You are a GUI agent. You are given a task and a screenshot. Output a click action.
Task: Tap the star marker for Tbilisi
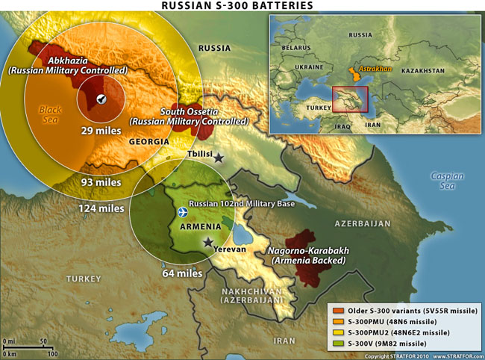point(219,158)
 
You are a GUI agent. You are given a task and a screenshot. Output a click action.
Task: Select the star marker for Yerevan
point(208,242)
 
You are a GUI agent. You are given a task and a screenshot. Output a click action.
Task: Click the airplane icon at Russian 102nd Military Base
point(184,213)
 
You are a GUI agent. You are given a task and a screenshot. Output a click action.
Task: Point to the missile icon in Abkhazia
point(101,99)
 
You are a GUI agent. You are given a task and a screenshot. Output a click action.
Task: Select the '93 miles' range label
point(101,182)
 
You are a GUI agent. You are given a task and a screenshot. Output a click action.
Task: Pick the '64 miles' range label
point(182,274)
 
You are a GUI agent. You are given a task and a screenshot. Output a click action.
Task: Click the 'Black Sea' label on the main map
point(50,115)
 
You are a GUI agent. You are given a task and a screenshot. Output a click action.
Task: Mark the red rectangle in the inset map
point(350,99)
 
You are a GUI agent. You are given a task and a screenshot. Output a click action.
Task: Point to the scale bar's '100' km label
point(52,353)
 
